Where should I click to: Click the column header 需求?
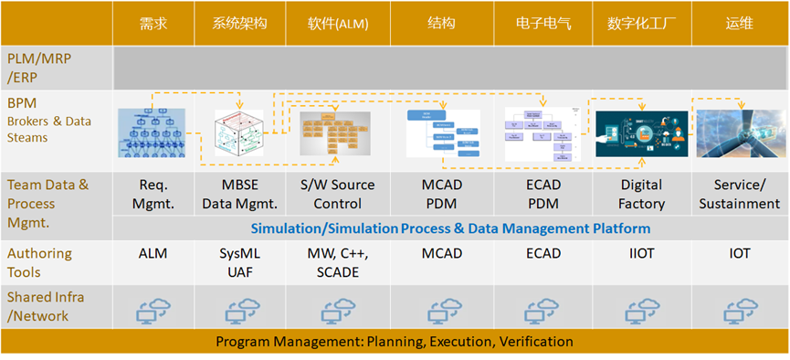pos(153,23)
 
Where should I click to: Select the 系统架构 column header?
pos(239,23)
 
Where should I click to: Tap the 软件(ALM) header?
pos(337,23)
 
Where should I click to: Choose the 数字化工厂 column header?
pos(640,23)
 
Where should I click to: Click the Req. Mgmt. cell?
pos(153,194)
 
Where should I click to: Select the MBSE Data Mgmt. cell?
pos(239,194)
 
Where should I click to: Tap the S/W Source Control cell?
pos(337,194)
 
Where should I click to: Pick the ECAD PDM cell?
pos(542,194)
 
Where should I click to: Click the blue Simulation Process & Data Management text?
pos(450,228)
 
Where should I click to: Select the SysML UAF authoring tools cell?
pos(239,262)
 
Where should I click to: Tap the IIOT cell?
pos(640,253)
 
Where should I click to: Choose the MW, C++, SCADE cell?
pos(337,262)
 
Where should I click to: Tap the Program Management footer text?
pos(395,342)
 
